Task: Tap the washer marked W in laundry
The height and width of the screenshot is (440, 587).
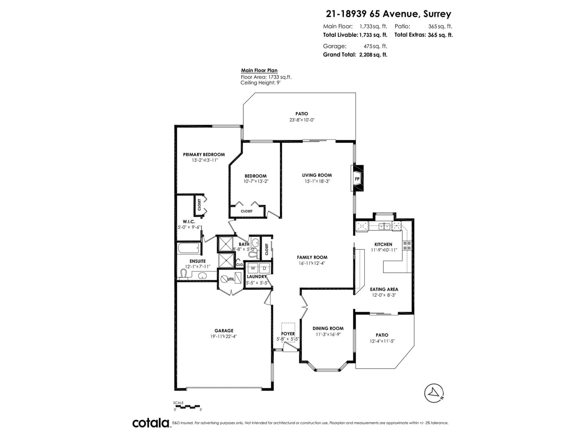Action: [x=253, y=268]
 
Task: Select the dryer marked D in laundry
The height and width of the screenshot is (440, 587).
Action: [x=264, y=268]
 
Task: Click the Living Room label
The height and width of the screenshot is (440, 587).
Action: [x=317, y=175]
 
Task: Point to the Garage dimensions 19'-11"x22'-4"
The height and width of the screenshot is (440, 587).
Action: [x=223, y=336]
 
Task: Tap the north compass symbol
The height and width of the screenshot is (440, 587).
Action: [x=434, y=393]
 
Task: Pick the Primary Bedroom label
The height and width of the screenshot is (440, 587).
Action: [x=204, y=154]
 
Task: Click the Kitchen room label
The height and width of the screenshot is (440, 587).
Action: [x=383, y=244]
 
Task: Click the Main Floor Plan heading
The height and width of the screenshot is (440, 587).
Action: [x=259, y=70]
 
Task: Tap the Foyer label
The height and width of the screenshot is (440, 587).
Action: [x=288, y=334]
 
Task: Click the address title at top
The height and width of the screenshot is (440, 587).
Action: [x=388, y=14]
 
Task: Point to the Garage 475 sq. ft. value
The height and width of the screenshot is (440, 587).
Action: [x=375, y=46]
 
